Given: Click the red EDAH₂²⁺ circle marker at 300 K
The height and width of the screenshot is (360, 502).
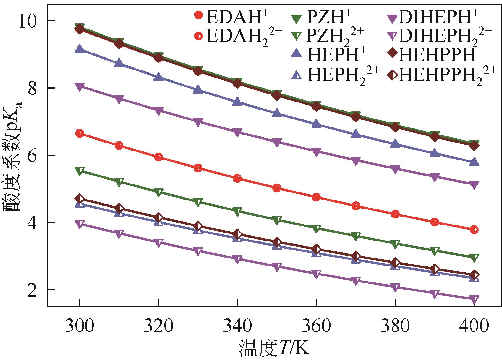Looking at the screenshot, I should pos(79,134).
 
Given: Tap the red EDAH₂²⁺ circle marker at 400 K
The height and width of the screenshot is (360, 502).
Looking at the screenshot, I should pos(474,230).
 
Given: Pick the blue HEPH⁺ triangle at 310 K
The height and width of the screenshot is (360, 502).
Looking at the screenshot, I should pos(119,63).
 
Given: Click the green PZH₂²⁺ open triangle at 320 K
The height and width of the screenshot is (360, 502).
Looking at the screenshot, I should pos(158,192).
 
